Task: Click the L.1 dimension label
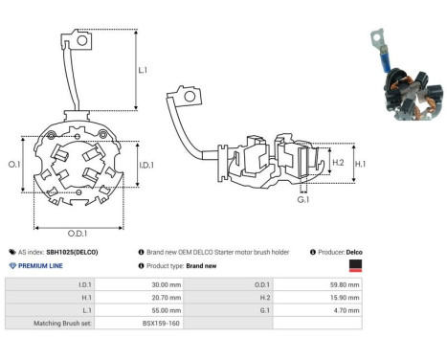(142, 70)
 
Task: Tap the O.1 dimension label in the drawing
(14, 164)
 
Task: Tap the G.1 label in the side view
(302, 199)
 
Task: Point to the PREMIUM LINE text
(42, 264)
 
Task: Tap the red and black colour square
(355, 265)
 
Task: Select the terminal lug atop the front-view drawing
(84, 40)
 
